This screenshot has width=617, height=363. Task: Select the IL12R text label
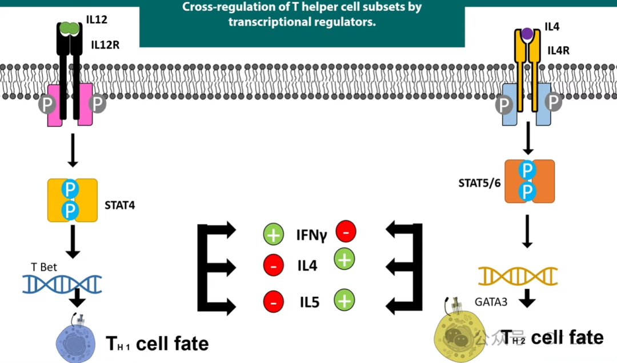(x=105, y=44)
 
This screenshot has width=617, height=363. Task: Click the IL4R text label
(x=558, y=50)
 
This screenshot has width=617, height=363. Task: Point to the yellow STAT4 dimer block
(x=72, y=200)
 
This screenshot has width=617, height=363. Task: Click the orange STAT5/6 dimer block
(x=529, y=181)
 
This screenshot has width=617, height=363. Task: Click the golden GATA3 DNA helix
(x=518, y=276)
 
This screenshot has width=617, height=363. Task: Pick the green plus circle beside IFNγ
(x=273, y=234)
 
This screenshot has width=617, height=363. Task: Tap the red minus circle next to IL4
(x=273, y=266)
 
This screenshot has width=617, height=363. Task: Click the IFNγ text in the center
(x=311, y=234)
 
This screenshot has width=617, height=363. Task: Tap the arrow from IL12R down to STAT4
(x=72, y=151)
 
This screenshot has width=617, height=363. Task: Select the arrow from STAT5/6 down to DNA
(x=527, y=231)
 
